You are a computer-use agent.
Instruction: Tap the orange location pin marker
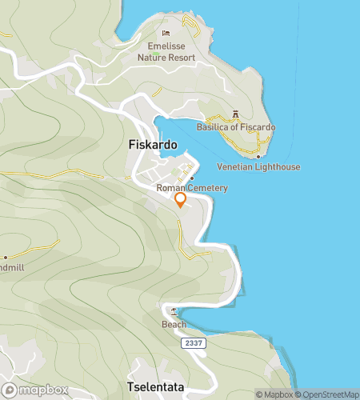[181, 200]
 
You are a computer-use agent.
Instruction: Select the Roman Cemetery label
[192, 188]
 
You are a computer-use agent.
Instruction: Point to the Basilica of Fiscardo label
[236, 127]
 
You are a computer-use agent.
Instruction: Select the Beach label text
[174, 324]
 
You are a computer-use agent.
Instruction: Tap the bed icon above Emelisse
[166, 34]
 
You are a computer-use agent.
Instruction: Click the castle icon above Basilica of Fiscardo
[235, 114]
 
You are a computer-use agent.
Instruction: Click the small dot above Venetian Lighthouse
[258, 156]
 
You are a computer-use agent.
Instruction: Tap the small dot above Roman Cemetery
[192, 178]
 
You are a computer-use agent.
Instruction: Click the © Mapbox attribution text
[274, 394]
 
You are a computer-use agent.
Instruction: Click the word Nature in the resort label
[154, 58]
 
